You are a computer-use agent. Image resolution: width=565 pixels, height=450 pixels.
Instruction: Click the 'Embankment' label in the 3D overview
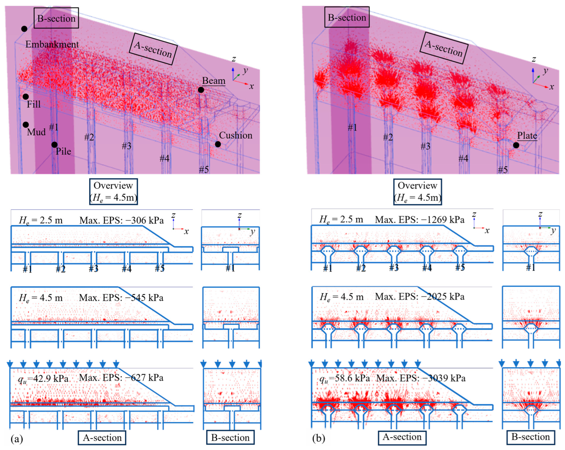[52, 44]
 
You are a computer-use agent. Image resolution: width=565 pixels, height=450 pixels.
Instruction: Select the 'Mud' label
[36, 132]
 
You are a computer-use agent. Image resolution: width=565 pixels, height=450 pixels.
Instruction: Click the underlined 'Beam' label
[214, 81]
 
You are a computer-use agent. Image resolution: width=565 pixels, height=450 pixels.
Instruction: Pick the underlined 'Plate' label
[527, 136]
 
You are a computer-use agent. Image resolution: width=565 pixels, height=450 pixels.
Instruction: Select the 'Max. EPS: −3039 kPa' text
[421, 378]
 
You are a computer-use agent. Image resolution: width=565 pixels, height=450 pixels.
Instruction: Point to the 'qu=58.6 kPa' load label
[345, 378]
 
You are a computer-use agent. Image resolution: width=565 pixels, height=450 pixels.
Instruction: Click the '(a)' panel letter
[17, 438]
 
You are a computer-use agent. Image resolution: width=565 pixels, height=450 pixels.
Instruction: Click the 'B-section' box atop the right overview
[347, 17]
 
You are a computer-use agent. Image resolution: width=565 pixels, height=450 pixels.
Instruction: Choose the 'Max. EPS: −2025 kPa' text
[420, 296]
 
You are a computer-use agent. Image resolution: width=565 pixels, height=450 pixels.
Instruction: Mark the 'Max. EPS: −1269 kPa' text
[420, 219]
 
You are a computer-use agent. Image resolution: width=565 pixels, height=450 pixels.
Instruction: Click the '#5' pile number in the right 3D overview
[503, 170]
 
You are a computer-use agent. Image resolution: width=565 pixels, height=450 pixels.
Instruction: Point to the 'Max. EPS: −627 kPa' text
[121, 378]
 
